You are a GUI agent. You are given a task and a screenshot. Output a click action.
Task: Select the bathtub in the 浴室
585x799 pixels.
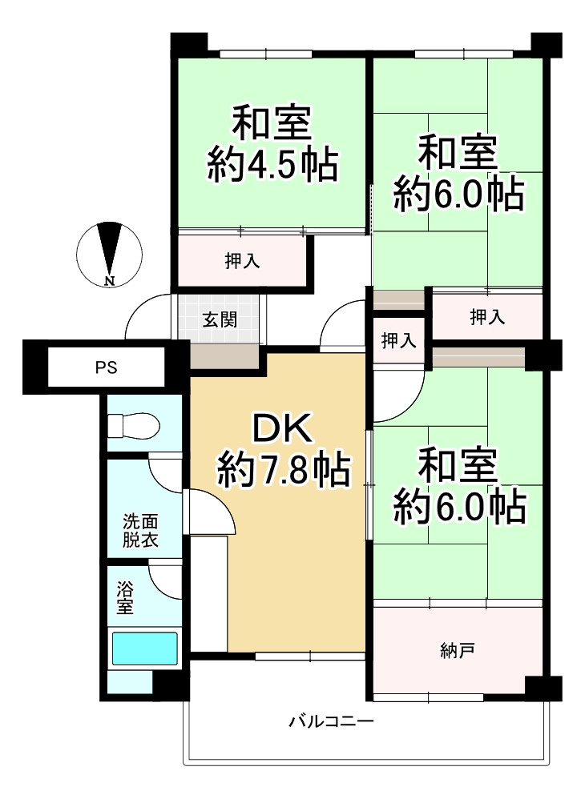[144, 648]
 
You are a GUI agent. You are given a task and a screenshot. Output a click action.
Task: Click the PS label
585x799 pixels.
[106, 368]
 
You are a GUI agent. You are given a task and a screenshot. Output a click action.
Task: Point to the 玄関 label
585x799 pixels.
[219, 320]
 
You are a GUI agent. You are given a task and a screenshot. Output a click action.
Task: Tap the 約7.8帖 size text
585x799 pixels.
[284, 471]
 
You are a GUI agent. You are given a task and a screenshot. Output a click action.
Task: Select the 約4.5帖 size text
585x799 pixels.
[272, 163]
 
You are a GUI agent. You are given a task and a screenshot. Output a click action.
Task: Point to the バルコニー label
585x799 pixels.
[331, 722]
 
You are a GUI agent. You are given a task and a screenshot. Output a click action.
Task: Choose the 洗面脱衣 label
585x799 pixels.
[139, 530]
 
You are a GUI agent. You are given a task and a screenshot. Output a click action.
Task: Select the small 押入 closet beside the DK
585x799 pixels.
[398, 340]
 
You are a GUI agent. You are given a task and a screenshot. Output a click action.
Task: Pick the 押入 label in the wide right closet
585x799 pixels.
[486, 317]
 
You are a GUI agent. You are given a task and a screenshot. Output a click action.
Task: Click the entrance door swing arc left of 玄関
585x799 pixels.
[149, 315]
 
